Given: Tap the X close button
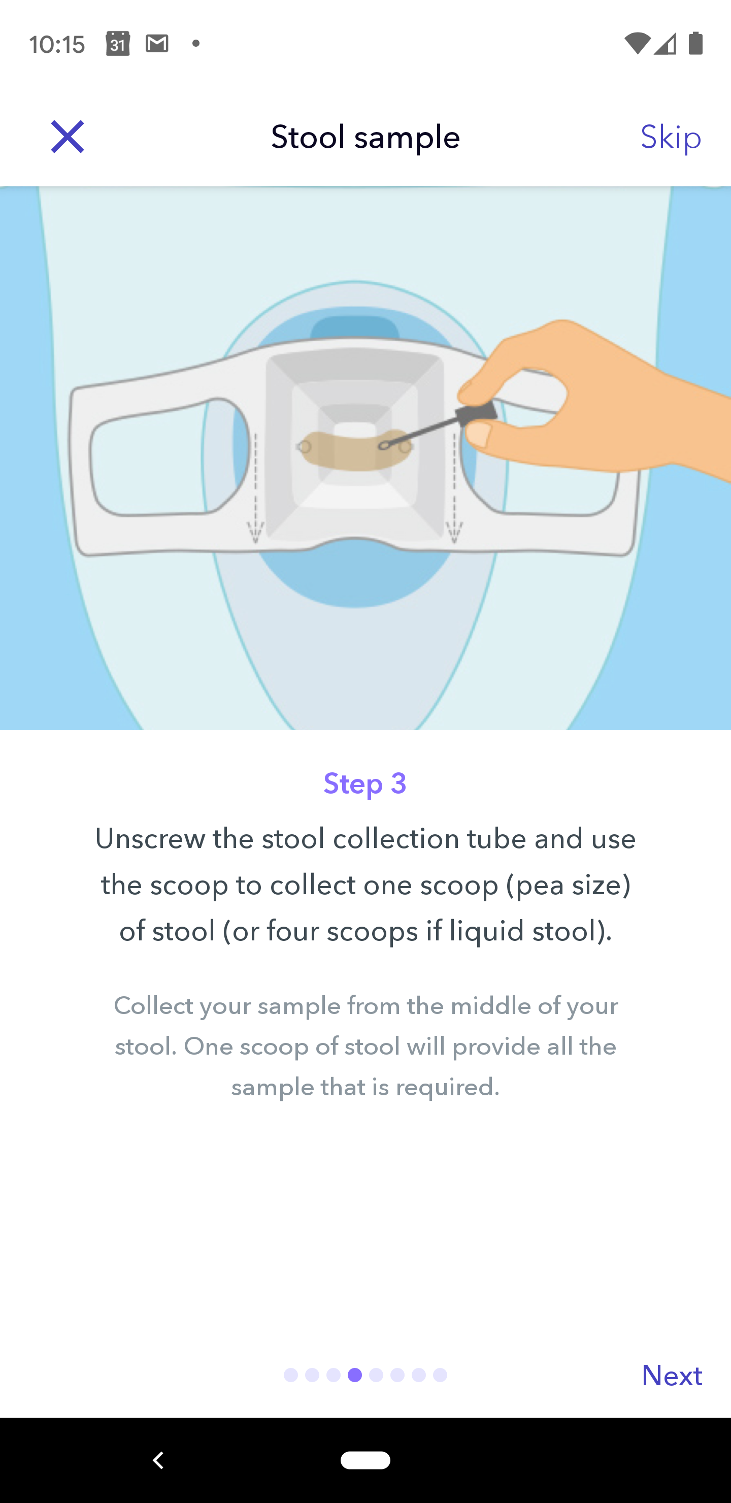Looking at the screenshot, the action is [x=68, y=137].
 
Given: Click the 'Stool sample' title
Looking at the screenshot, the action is [x=365, y=137].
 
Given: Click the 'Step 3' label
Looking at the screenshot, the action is [x=365, y=783].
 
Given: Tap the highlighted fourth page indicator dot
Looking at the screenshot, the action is [x=355, y=1375].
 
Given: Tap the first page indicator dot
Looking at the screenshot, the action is [x=290, y=1375].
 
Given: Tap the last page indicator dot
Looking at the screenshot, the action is [x=440, y=1375].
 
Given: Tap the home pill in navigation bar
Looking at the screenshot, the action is [x=365, y=1460].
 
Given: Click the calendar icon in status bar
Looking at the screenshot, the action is [x=118, y=44].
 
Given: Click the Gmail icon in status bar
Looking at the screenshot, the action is [x=157, y=44].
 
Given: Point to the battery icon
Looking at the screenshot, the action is [x=695, y=44].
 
